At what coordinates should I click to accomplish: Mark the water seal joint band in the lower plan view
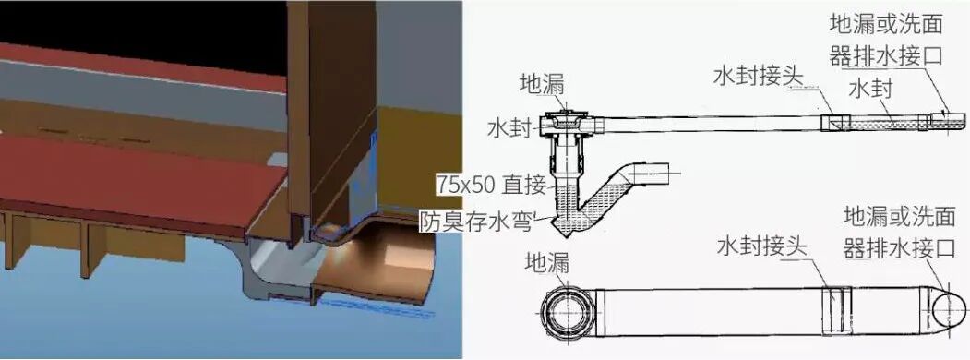833,311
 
